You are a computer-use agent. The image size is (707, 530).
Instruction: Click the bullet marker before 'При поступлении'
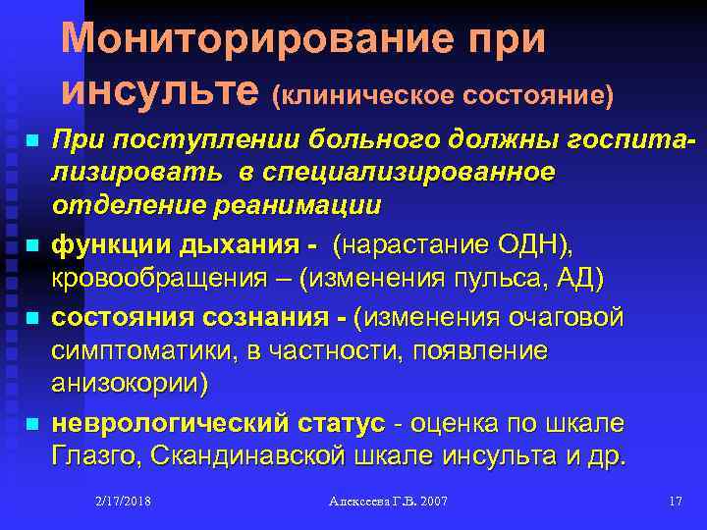click(33, 143)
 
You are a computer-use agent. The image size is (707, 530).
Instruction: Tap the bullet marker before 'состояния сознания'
click(33, 319)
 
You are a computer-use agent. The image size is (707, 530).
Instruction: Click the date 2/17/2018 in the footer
click(125, 502)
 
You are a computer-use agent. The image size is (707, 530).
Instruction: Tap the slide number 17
click(675, 502)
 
